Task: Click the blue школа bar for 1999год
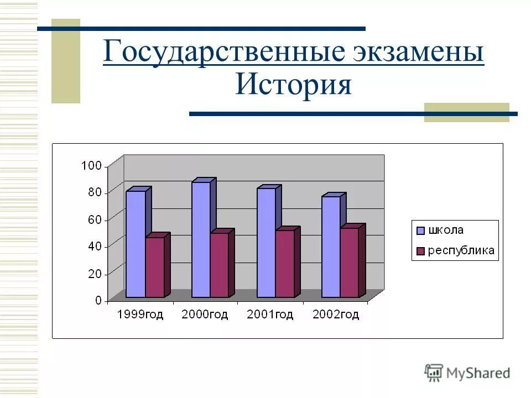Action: click(x=136, y=243)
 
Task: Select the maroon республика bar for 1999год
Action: click(x=155, y=267)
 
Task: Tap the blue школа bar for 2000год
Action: click(x=201, y=239)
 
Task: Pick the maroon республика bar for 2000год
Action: click(x=220, y=265)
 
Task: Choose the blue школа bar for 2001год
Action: click(x=266, y=242)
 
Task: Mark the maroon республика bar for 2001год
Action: click(x=285, y=263)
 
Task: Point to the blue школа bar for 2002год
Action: click(x=331, y=247)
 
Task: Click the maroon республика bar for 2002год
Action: click(x=350, y=262)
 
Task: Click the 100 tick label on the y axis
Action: click(x=91, y=165)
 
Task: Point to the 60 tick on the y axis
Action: click(x=95, y=219)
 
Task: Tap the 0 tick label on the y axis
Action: click(x=98, y=301)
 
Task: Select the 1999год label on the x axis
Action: click(x=140, y=315)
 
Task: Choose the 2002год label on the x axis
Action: click(x=336, y=315)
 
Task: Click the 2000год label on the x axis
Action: click(x=205, y=315)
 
